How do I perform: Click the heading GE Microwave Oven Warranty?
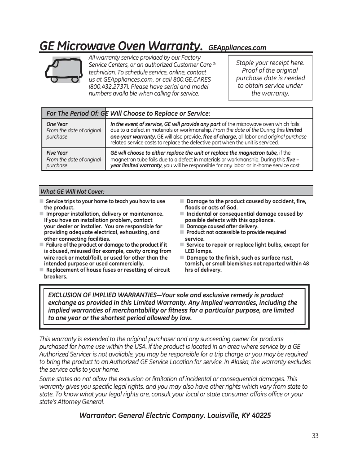point(120,46)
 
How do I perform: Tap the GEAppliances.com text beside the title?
point(237,48)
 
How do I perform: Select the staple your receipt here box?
point(270,78)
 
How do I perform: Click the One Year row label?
point(57,124)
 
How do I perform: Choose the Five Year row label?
point(57,153)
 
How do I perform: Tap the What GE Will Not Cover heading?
point(72,191)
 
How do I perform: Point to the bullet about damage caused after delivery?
point(222,226)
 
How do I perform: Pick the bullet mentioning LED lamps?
point(193,251)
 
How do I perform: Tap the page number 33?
point(315,436)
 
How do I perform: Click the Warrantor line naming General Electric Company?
point(175,415)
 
